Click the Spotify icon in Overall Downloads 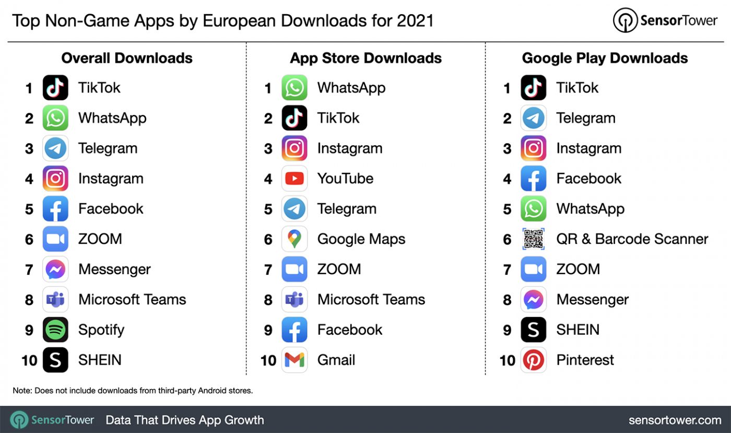click(55, 330)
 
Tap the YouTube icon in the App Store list click(294, 179)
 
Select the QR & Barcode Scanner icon click(534, 239)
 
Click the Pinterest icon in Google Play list click(534, 360)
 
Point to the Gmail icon click(294, 360)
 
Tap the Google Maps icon click(294, 239)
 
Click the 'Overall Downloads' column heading click(127, 58)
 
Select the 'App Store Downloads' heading click(365, 58)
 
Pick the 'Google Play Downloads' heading click(605, 58)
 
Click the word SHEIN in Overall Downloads click(100, 360)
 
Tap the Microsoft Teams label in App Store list click(371, 299)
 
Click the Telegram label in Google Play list click(585, 118)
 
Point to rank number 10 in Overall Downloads click(29, 360)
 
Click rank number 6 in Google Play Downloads click(507, 239)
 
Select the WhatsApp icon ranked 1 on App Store click(294, 88)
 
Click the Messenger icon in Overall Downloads click(55, 270)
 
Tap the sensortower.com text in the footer click(675, 420)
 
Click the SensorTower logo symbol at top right click(625, 21)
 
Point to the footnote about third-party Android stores click(133, 391)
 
